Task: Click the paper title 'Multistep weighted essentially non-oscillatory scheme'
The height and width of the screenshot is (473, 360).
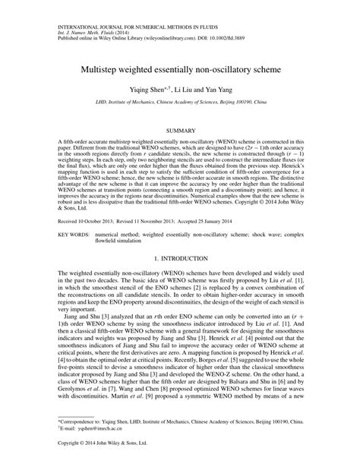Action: click(x=180, y=68)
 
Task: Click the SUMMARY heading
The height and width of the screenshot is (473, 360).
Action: click(x=180, y=131)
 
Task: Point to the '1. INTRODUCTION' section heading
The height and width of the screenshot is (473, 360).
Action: click(x=180, y=258)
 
